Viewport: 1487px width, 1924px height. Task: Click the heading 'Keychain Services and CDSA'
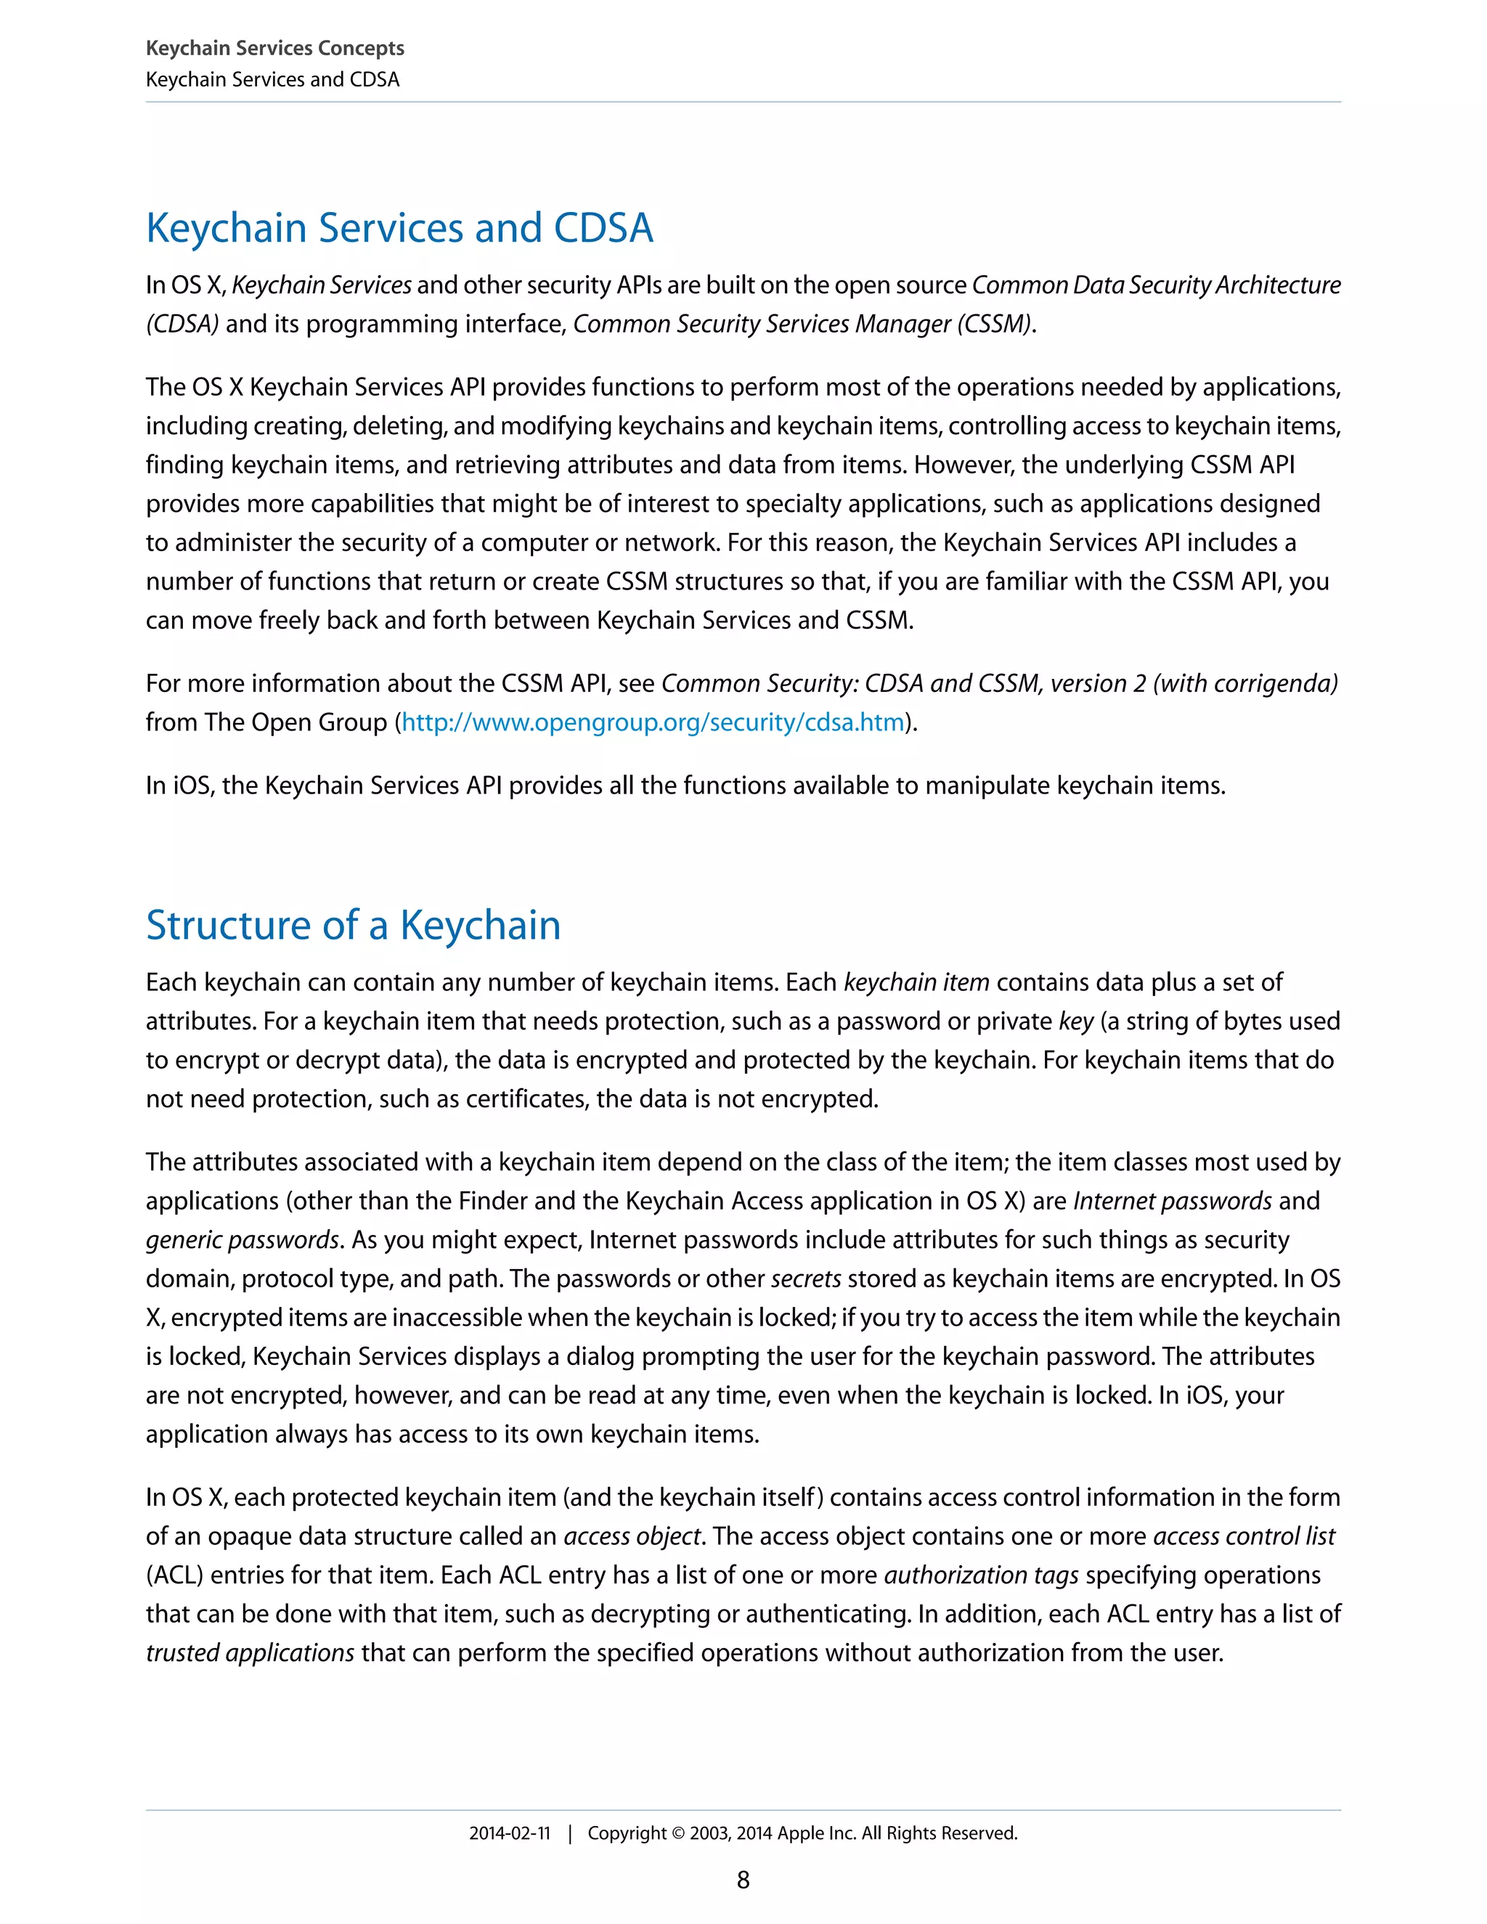pos(399,228)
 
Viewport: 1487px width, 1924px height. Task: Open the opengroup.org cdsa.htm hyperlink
pos(653,722)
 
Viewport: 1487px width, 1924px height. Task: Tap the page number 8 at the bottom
pos(743,1880)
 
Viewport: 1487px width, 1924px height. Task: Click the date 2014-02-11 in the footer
pos(509,1833)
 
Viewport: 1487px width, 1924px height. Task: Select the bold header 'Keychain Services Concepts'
pos(275,49)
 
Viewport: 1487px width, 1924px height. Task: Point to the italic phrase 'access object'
pos(632,1536)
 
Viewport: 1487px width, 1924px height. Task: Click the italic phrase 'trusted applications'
pos(250,1652)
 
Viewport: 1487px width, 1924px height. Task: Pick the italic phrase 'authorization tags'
pos(982,1576)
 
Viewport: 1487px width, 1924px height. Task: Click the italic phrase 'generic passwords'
pos(243,1240)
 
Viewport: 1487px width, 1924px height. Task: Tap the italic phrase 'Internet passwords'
pos(1172,1202)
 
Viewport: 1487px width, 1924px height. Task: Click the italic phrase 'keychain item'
pos(916,983)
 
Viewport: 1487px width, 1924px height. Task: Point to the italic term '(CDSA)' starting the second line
pos(182,325)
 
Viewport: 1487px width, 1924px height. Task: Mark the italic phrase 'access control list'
pos(1244,1536)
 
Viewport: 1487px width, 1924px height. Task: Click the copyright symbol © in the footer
pos(678,1834)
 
